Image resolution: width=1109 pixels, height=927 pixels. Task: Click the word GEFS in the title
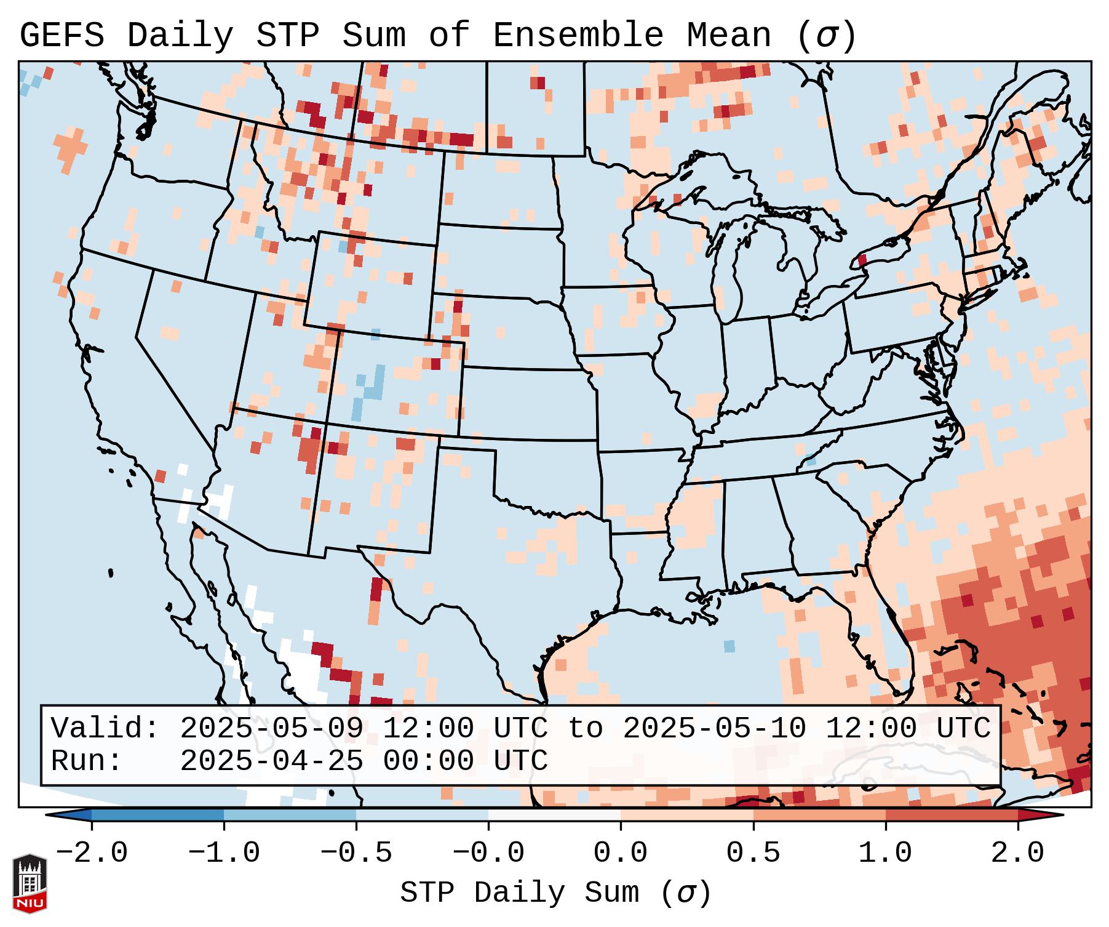(x=62, y=36)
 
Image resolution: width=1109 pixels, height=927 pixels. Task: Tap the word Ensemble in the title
(x=578, y=36)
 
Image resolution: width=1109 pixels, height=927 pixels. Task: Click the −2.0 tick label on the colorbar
(x=92, y=853)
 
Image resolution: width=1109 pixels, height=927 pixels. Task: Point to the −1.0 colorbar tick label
(x=224, y=853)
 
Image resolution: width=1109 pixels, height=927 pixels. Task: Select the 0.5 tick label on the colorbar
(x=753, y=853)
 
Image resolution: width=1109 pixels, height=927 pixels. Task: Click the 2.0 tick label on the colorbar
(x=1018, y=853)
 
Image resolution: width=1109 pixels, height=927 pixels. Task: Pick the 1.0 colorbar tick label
(x=886, y=853)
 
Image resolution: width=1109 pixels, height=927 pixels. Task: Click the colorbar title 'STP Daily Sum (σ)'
(x=555, y=893)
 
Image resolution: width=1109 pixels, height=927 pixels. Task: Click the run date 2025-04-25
(x=271, y=761)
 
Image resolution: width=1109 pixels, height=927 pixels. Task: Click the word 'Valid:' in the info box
(x=105, y=729)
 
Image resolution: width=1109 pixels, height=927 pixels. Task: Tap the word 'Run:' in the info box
(x=87, y=761)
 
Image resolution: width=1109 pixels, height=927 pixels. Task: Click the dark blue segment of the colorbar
(x=157, y=815)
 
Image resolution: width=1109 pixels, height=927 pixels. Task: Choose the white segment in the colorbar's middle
(x=554, y=815)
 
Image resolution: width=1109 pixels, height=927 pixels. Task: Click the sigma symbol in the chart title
(x=826, y=36)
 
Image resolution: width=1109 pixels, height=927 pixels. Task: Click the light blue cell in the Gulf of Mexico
(x=729, y=646)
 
